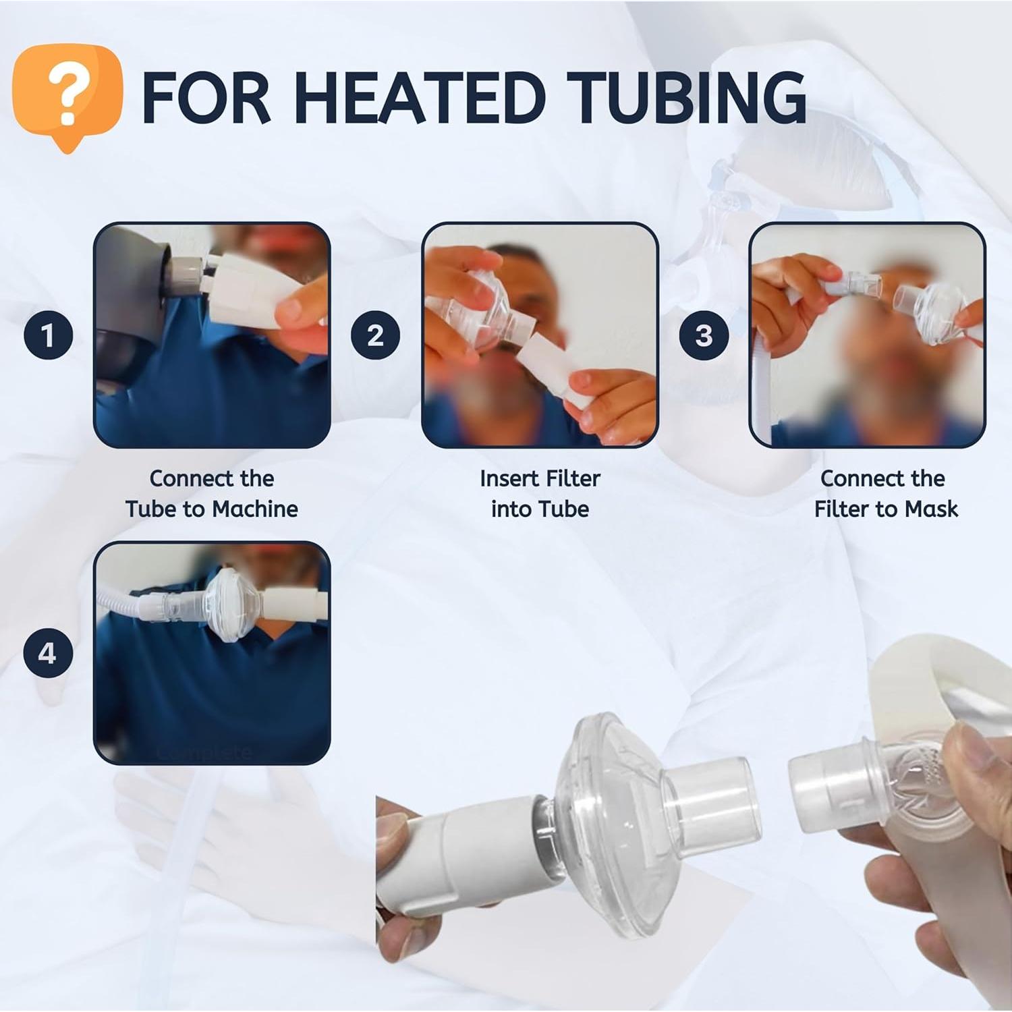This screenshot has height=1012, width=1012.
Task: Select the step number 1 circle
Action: [x=49, y=335]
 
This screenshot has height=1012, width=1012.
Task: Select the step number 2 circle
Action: [x=376, y=335]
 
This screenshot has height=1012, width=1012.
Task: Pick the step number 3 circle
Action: [x=704, y=335]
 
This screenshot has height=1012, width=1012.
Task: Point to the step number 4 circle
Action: [x=49, y=653]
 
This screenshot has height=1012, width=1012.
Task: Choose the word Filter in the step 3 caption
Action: [x=840, y=509]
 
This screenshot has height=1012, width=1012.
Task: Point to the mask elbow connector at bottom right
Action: [x=870, y=783]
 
